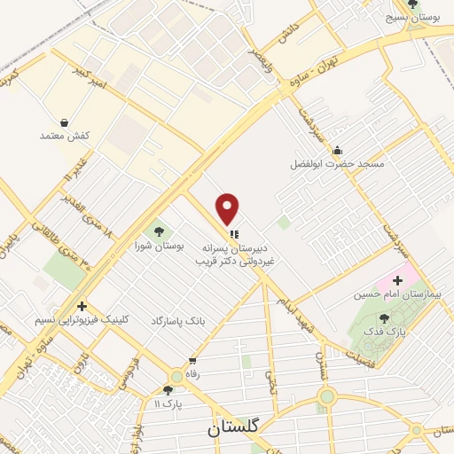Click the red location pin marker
pos(228,207)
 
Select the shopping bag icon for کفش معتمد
pos(65,121)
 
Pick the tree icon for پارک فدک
pos(383,318)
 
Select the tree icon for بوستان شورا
pos(158,232)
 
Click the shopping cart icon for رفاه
pos(192,361)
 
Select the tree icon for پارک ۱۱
pos(168,389)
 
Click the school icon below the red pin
pos(233,235)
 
